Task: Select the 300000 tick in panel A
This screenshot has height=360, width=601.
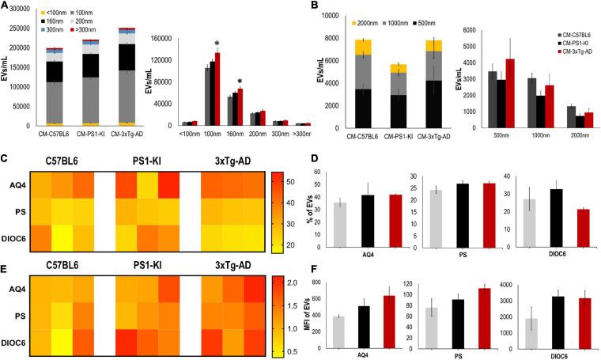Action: coord(20,6)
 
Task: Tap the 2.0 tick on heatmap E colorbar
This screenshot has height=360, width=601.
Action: coord(289,282)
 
